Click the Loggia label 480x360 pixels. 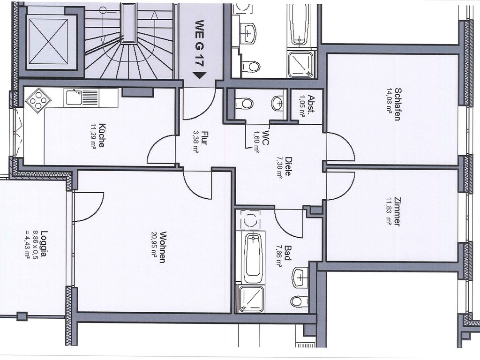pos(45,244)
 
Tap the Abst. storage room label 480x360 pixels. pos(311,105)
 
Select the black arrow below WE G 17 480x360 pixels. pos(199,75)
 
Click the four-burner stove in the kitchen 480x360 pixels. pos(38,100)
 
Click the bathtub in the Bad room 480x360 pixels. pos(253,258)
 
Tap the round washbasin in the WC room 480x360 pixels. pos(277,104)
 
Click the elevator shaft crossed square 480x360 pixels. pos(48,41)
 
